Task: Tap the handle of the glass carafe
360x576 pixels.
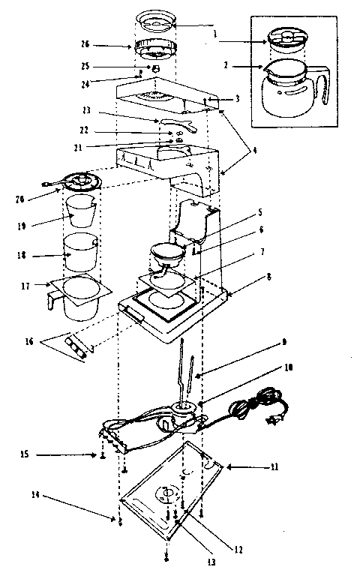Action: (324, 88)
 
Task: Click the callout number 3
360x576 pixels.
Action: (236, 98)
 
